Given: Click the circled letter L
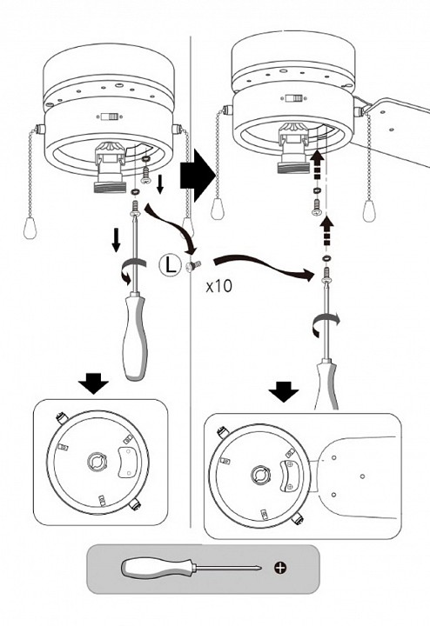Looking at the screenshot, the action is [x=171, y=264].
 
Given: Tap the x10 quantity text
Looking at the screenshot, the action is [x=218, y=286].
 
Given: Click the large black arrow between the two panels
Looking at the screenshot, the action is [x=198, y=176].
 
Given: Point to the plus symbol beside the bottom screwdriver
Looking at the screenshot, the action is [x=280, y=567].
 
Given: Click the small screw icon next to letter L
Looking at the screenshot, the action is [x=194, y=265].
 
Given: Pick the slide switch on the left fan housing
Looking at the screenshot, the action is [x=109, y=117].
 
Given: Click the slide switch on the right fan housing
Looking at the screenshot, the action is [x=293, y=97].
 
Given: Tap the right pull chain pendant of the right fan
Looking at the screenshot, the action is [x=369, y=210].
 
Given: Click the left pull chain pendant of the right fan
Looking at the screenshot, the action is [x=218, y=208].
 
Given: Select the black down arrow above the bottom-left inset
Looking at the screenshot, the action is [x=93, y=383].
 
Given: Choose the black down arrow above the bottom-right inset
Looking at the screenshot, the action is [x=284, y=391].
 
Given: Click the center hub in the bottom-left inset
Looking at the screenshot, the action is [x=97, y=463].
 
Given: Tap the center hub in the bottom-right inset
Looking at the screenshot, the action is [x=262, y=475].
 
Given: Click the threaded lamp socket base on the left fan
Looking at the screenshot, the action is [x=109, y=187].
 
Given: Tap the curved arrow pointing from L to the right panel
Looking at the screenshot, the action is [x=264, y=267].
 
